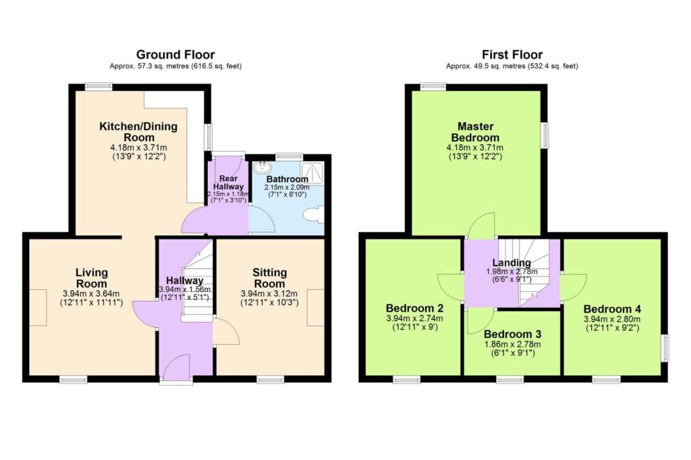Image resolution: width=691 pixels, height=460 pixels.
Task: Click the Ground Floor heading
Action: click(175, 55)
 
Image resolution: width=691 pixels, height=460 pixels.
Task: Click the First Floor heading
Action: click(512, 55)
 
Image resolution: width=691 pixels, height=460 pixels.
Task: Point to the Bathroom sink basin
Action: click(262, 167)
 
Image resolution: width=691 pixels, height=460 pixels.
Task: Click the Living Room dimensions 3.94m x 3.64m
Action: click(91, 293)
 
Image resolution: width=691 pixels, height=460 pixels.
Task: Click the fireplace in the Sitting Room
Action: click(315, 308)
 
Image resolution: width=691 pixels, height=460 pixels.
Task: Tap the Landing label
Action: click(511, 262)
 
